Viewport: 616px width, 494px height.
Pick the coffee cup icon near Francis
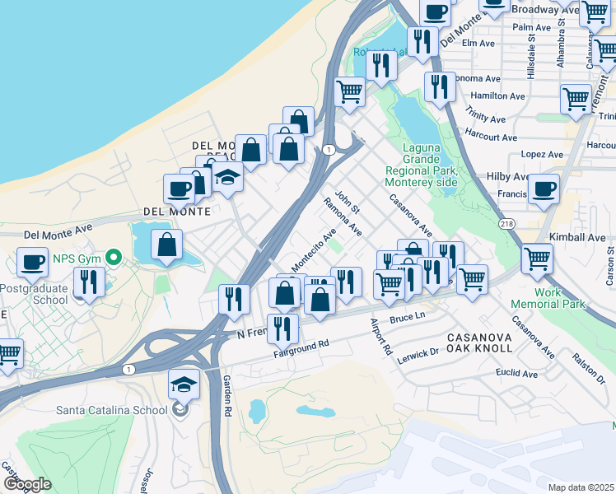point(543,189)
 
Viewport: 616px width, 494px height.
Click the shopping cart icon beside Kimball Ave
point(537,259)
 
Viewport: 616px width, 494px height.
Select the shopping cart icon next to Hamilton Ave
point(576,100)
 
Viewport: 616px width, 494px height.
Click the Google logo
point(27,484)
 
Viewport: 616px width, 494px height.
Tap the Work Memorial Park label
point(559,298)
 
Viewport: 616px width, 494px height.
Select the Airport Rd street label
point(380,335)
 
